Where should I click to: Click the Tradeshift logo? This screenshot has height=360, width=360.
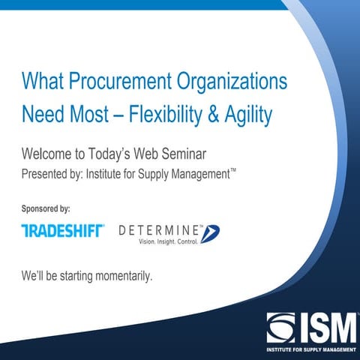tap(62, 231)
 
